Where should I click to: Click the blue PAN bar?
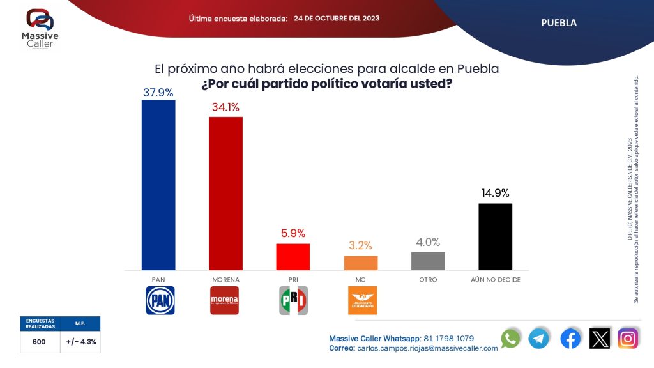(x=158, y=185)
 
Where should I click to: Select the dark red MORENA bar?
(x=225, y=193)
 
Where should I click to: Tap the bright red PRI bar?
(x=293, y=257)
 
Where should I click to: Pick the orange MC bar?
(x=361, y=263)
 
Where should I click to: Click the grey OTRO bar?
(x=428, y=261)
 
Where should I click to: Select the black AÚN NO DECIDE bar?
(x=495, y=236)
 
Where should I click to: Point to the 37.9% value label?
(x=158, y=93)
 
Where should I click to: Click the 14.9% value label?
(x=495, y=194)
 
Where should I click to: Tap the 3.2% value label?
(x=361, y=245)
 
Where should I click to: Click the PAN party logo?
(x=159, y=300)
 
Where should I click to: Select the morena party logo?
(x=225, y=300)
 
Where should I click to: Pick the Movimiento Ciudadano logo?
(x=361, y=300)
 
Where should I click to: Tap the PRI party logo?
(x=293, y=300)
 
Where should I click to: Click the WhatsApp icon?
(x=510, y=339)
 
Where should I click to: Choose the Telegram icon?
(x=538, y=339)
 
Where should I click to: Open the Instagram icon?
(x=628, y=339)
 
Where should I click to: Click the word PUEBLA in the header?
(x=559, y=23)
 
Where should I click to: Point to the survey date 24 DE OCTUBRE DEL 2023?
(x=337, y=19)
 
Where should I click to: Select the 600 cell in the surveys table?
(x=39, y=342)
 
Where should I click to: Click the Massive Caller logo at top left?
(x=39, y=27)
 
